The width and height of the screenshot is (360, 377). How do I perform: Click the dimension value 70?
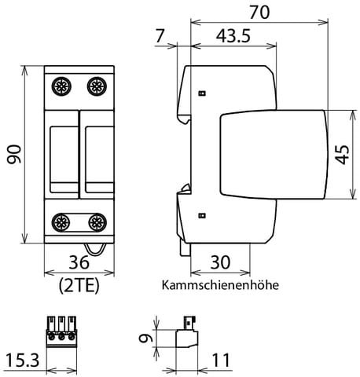tap(259, 13)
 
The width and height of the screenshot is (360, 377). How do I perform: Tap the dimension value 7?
tap(162, 36)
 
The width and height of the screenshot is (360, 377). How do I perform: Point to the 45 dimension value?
tap(343, 154)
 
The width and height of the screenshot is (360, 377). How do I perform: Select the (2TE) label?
tap(79, 285)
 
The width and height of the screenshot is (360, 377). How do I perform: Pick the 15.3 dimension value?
tap(21, 361)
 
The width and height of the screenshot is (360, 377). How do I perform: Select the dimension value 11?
tap(222, 361)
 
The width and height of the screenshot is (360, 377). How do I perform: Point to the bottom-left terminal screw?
tap(61, 221)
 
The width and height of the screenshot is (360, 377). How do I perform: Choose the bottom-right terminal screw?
tap(96, 221)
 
